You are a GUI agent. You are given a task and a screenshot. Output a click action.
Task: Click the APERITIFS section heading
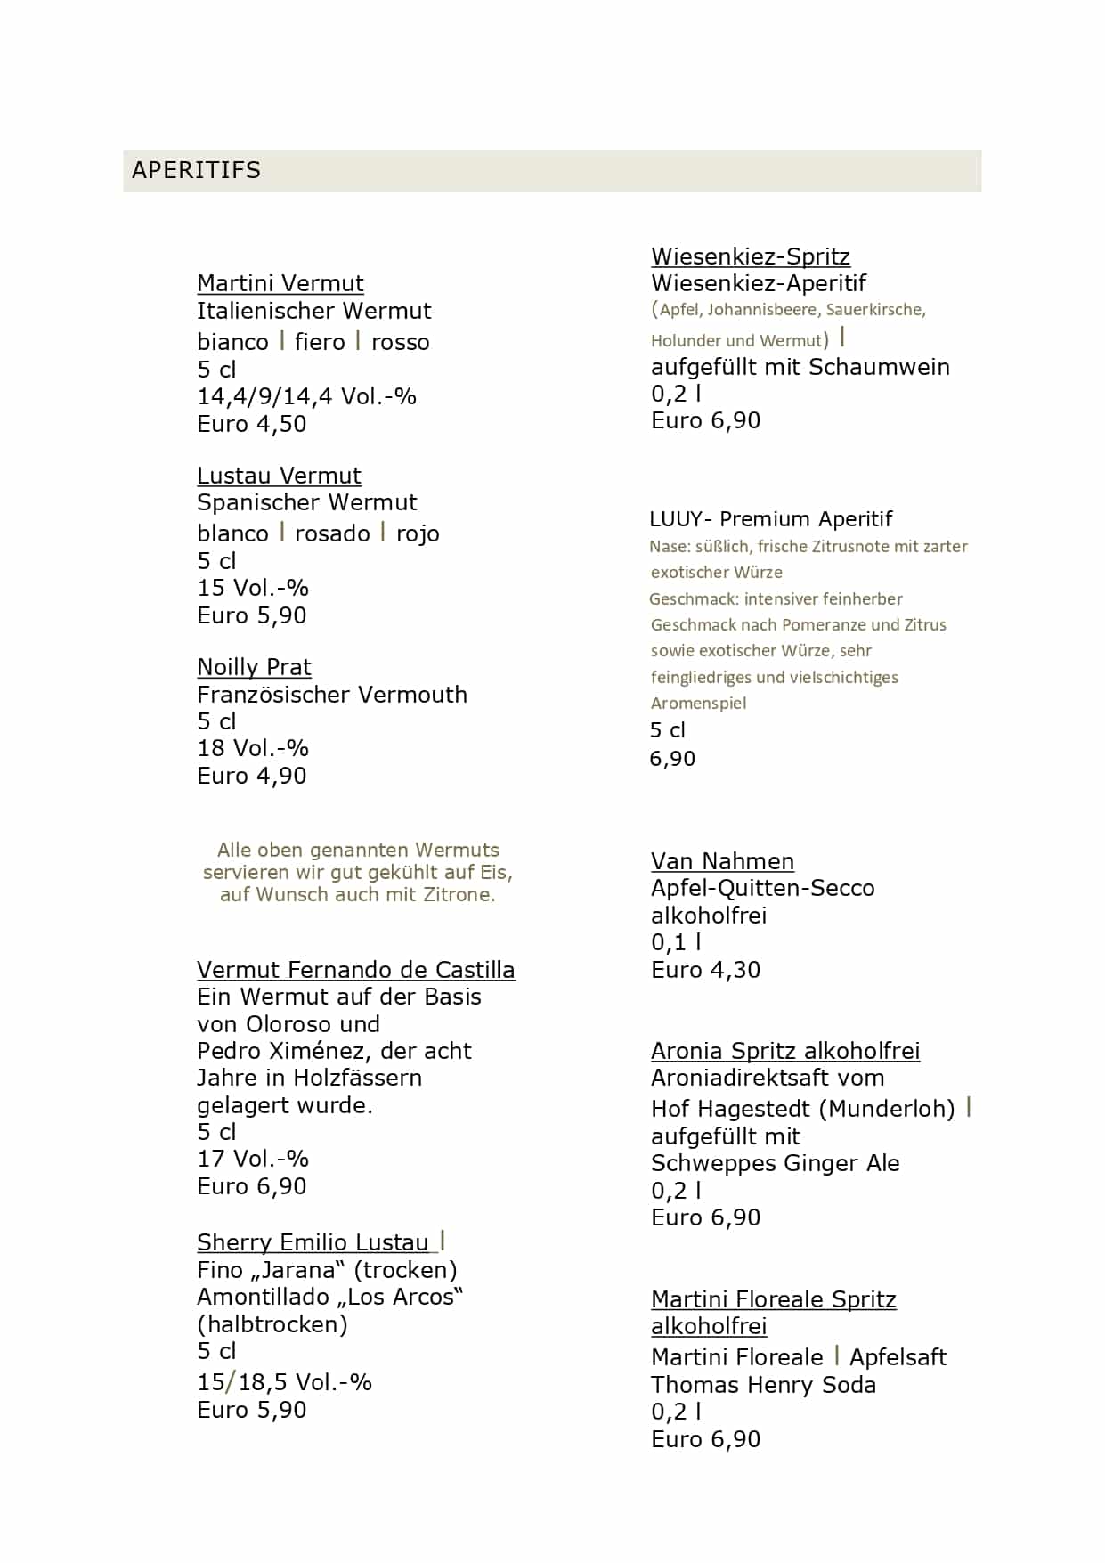(x=196, y=170)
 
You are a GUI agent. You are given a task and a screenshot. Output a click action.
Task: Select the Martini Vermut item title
(x=280, y=283)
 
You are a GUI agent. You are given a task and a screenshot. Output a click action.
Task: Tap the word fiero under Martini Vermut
(x=320, y=342)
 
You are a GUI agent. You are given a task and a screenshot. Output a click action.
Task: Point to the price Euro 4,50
(x=251, y=424)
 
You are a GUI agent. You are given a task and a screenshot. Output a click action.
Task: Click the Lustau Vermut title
(x=279, y=476)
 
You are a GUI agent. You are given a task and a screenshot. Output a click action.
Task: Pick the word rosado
(x=332, y=533)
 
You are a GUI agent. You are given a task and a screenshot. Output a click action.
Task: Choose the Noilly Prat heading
(x=254, y=667)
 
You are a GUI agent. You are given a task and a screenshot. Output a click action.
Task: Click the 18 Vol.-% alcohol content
(x=252, y=748)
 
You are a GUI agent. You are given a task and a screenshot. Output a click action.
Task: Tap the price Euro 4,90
(x=251, y=776)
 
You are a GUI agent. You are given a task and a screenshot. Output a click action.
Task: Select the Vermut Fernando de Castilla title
(x=355, y=970)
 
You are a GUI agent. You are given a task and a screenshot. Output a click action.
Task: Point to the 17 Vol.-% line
(x=252, y=1159)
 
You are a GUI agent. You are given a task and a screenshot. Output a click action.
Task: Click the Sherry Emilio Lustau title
(x=313, y=1242)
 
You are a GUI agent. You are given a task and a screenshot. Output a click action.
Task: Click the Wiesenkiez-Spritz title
(x=750, y=256)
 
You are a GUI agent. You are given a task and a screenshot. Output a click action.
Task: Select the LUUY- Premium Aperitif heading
(x=770, y=519)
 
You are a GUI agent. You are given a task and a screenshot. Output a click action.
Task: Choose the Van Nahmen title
(x=722, y=861)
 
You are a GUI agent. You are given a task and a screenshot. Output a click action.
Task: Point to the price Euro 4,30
(x=705, y=970)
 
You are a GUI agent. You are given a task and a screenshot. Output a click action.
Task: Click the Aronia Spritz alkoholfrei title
(x=784, y=1051)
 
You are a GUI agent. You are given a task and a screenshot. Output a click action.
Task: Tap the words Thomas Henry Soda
(x=763, y=1385)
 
